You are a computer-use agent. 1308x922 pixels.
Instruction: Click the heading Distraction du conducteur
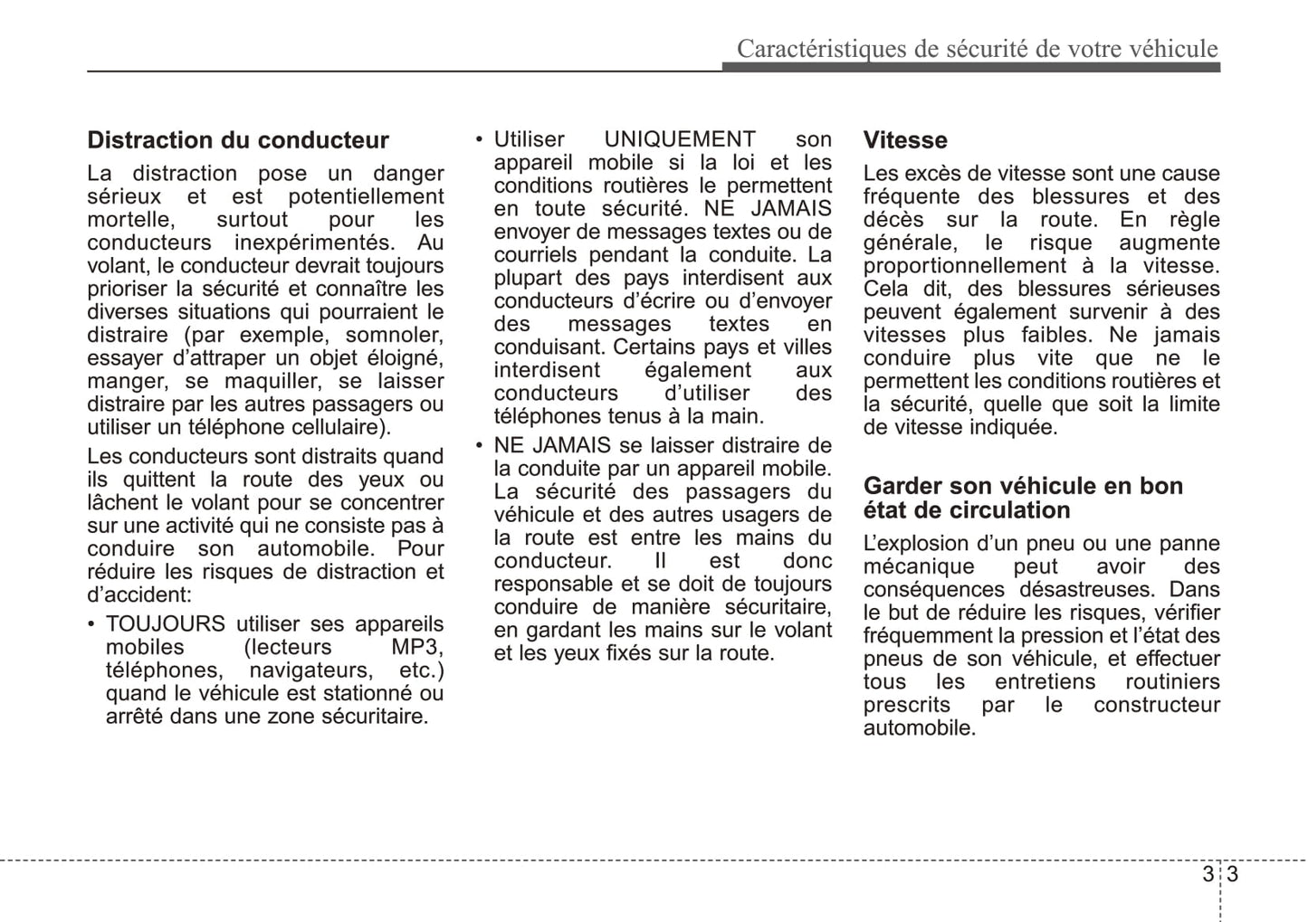click(x=237, y=140)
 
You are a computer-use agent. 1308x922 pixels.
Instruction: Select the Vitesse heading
click(x=904, y=140)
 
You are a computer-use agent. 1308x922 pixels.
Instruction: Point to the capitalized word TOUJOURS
click(x=166, y=623)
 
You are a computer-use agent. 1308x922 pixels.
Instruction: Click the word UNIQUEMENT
click(x=679, y=139)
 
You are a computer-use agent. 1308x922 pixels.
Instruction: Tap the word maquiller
click(x=272, y=381)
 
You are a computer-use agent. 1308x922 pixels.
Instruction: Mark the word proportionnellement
click(x=965, y=266)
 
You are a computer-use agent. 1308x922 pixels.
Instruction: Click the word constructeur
click(x=1156, y=705)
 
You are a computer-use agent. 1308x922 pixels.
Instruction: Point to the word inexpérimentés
click(x=314, y=242)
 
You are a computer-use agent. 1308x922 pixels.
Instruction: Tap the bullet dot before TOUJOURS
click(x=91, y=624)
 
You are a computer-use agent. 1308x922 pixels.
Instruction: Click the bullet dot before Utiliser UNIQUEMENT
click(x=480, y=140)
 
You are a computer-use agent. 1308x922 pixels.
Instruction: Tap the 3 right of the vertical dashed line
click(x=1232, y=875)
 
